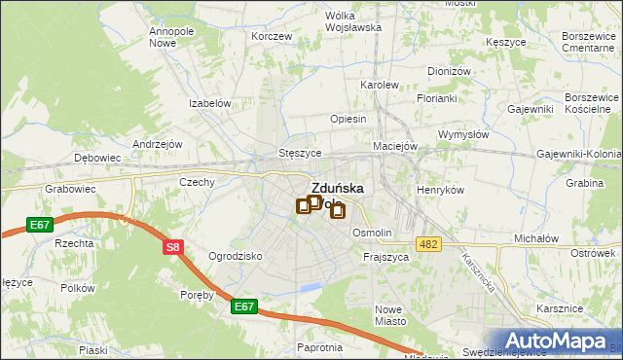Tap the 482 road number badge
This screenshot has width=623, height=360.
pyautogui.click(x=425, y=243)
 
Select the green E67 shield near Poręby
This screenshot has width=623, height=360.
pyautogui.click(x=245, y=307)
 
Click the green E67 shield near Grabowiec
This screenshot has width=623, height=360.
pyautogui.click(x=40, y=225)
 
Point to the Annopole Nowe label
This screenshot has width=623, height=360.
pyautogui.click(x=171, y=37)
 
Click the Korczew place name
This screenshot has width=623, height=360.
pyautogui.click(x=272, y=36)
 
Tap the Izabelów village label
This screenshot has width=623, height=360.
pyautogui.click(x=209, y=103)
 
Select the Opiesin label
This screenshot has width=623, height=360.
pyautogui.click(x=348, y=119)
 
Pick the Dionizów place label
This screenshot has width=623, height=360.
pyautogui.click(x=449, y=71)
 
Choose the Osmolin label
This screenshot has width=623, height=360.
pyautogui.click(x=372, y=233)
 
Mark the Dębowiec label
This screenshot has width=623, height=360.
pyautogui.click(x=97, y=157)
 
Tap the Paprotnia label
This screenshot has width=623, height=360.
pyautogui.click(x=322, y=346)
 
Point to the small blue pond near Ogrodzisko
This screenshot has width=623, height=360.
pyautogui.click(x=311, y=287)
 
